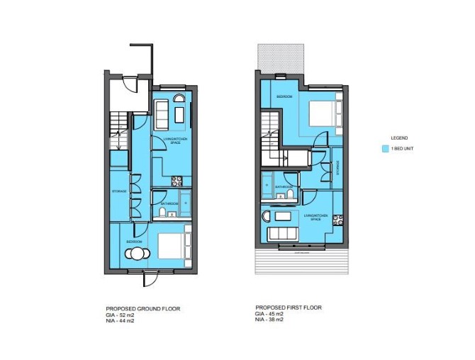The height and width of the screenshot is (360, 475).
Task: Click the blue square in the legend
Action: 386,150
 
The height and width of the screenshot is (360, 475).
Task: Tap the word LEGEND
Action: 400,137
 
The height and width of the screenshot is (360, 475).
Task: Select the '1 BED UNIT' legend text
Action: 403,150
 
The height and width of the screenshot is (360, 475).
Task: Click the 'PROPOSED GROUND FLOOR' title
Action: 142,309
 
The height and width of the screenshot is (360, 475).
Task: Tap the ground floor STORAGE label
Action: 118,191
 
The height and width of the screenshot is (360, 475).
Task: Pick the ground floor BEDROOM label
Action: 135,242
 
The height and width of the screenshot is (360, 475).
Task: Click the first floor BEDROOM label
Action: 286,96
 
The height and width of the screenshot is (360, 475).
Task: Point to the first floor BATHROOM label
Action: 285,187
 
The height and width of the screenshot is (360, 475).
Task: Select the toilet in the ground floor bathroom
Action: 162,211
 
